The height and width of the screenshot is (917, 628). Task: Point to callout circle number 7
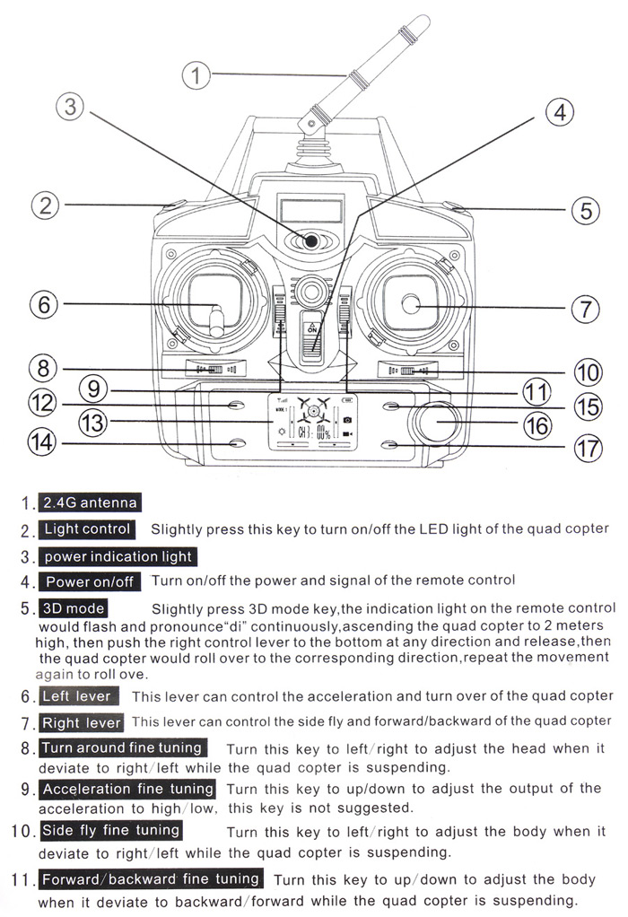[x=584, y=310]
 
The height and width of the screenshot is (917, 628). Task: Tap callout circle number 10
[x=587, y=371]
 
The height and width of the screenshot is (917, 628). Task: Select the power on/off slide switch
[x=312, y=337]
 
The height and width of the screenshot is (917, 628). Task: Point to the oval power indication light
[x=310, y=240]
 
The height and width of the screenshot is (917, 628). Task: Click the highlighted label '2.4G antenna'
[x=88, y=502]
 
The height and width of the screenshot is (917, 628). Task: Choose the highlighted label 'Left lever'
[x=77, y=696]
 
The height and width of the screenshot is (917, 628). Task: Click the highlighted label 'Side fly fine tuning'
[x=110, y=831]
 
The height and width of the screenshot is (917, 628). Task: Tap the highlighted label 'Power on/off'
[x=89, y=582]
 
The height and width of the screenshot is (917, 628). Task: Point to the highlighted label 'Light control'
[x=86, y=529]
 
